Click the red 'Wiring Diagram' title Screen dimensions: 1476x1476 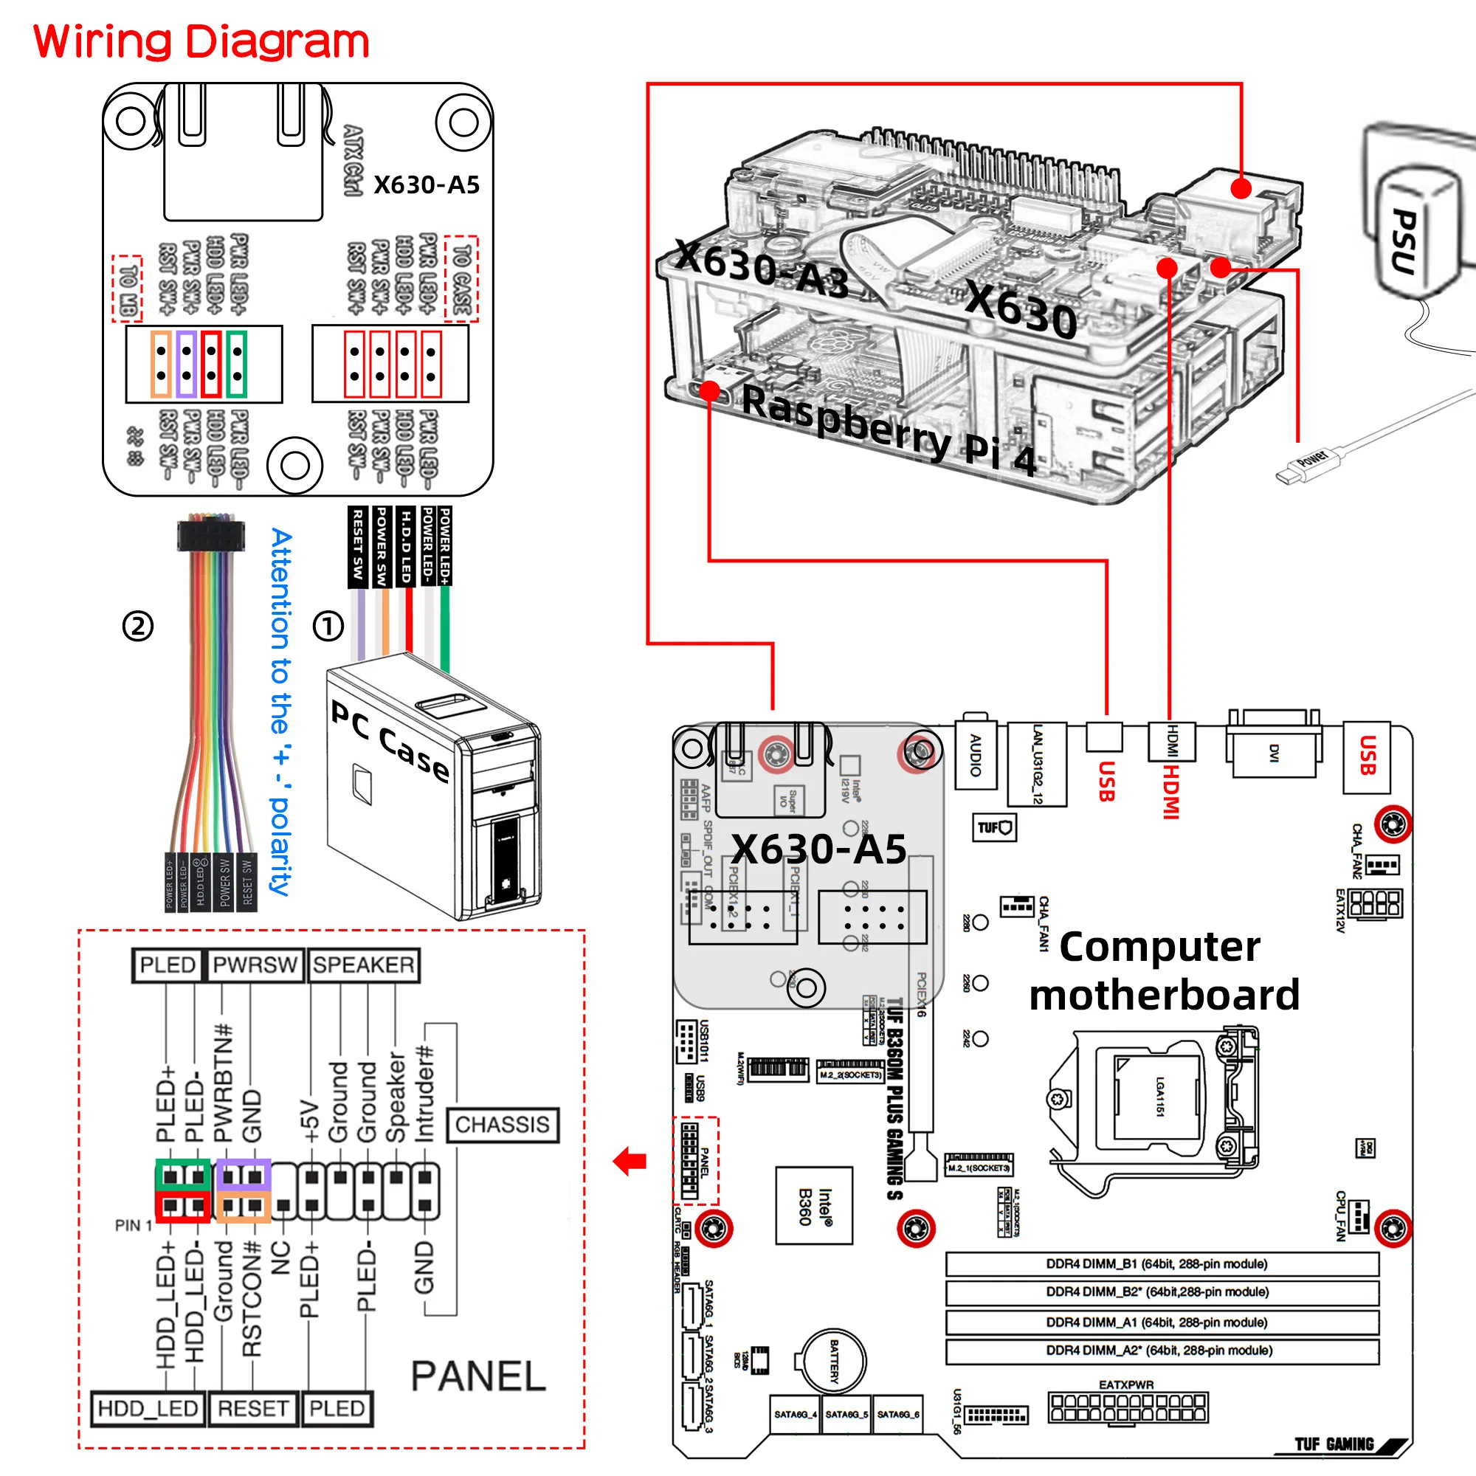(x=201, y=42)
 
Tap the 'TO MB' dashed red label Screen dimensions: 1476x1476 (x=127, y=289)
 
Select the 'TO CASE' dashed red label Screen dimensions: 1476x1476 (x=461, y=279)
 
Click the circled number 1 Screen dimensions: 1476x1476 (x=328, y=627)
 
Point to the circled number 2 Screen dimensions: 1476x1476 (x=138, y=627)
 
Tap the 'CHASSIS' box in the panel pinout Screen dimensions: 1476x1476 (x=502, y=1125)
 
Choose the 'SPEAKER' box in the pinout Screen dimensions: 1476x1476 (x=364, y=965)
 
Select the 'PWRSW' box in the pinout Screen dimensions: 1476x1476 (x=255, y=965)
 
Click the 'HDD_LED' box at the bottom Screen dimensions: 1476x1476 (x=148, y=1408)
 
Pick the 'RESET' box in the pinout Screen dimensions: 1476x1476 (x=253, y=1408)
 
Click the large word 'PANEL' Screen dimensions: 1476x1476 (x=478, y=1376)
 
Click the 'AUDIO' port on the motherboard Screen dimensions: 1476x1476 (x=976, y=755)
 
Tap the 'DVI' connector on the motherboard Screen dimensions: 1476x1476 (x=1273, y=753)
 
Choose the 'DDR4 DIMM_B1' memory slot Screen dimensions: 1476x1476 (x=1161, y=1263)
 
